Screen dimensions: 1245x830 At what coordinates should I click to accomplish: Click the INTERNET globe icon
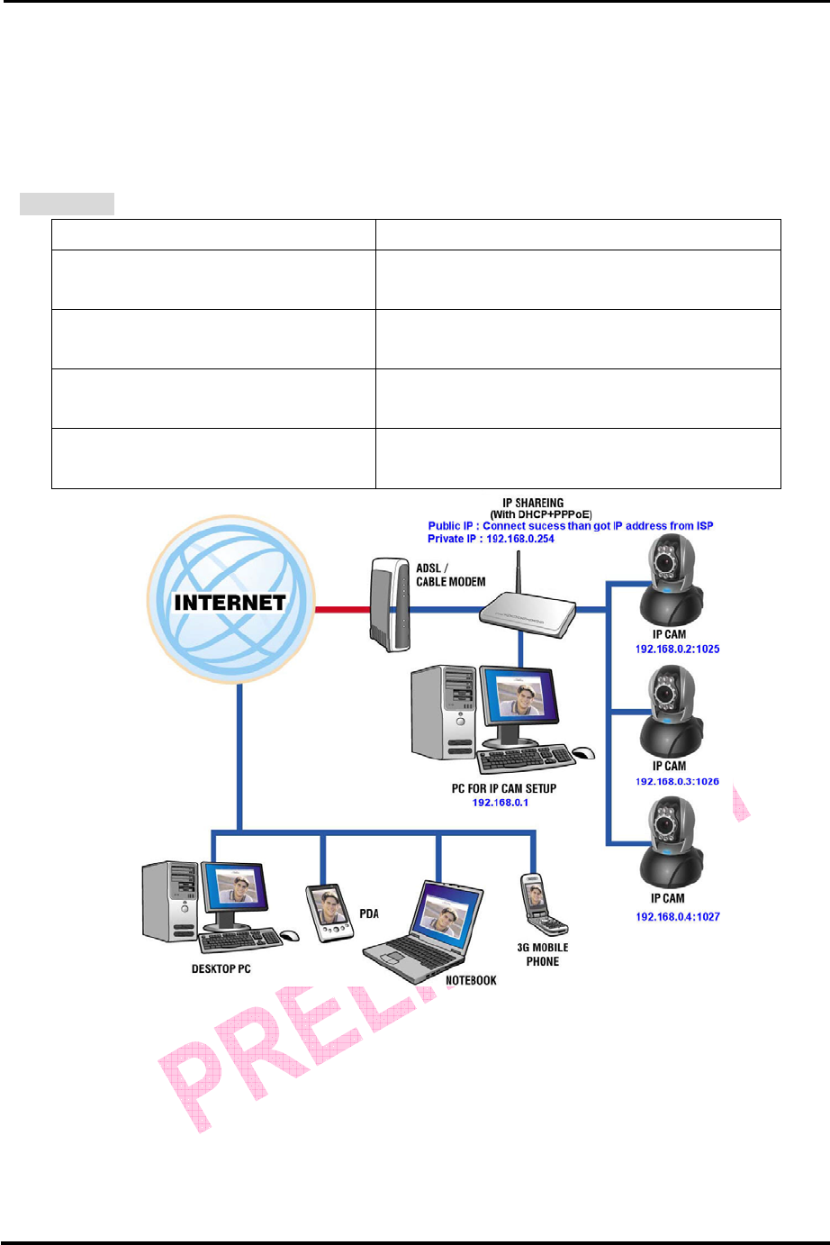(230, 600)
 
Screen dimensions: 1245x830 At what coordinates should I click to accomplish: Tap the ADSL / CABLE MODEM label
(450, 575)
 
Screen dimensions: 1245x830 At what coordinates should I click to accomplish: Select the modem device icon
(389, 604)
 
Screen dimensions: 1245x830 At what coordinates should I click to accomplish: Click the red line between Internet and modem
(341, 610)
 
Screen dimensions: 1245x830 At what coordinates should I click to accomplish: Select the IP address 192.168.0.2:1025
(677, 649)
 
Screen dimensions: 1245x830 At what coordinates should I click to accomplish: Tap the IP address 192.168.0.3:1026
(677, 781)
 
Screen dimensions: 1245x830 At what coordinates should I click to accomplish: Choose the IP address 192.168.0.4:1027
(677, 916)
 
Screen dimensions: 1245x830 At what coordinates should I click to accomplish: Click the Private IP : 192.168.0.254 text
(491, 539)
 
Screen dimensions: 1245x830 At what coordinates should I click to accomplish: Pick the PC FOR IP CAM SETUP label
(503, 788)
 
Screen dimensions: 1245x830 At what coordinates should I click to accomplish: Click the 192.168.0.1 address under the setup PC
(501, 802)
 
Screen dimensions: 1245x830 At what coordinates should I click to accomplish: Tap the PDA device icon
(328, 913)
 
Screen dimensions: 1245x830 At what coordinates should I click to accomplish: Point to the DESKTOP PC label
(221, 969)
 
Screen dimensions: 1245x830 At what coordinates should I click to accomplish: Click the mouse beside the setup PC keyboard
(583, 753)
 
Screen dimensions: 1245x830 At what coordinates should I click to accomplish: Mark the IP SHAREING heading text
(533, 503)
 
